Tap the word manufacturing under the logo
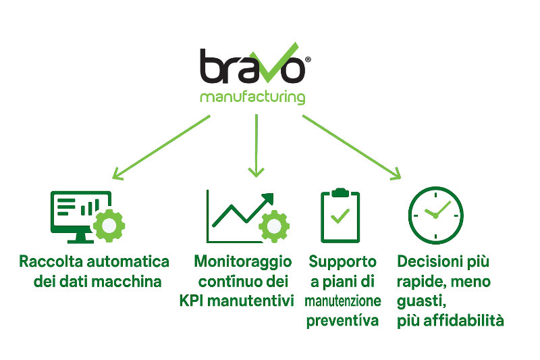click(x=252, y=97)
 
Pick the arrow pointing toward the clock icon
click(x=351, y=147)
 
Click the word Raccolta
click(x=49, y=261)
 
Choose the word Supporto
click(x=342, y=261)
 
